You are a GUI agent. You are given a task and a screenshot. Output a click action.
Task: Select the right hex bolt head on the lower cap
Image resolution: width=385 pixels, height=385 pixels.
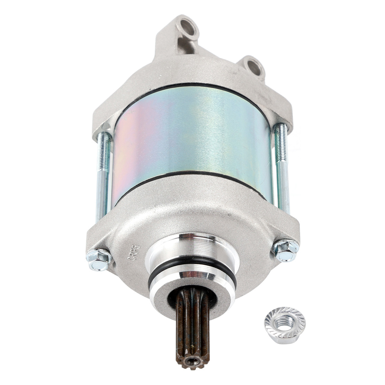point(284,249)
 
